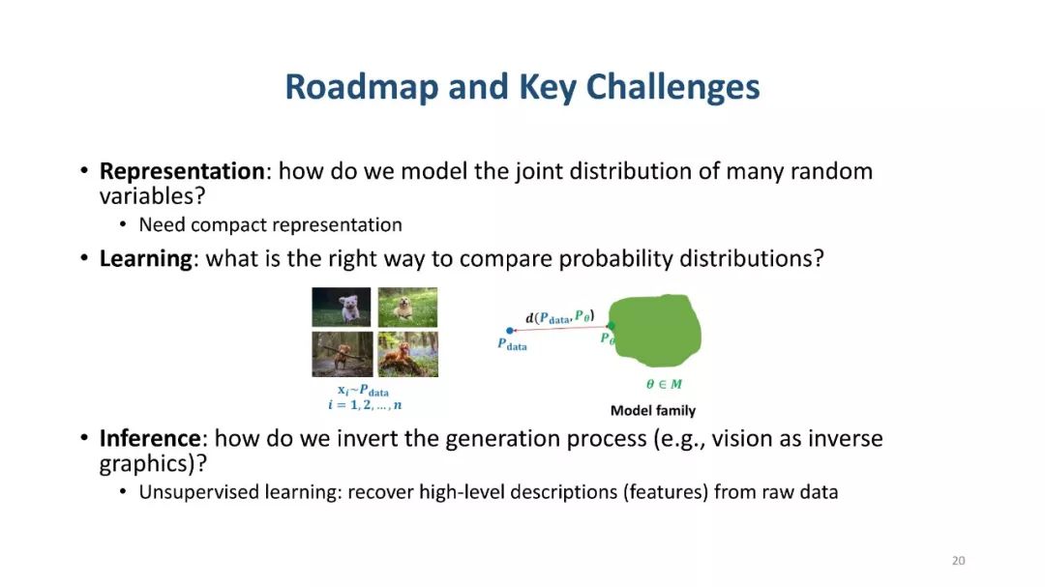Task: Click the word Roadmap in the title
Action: pos(361,87)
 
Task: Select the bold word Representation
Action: pos(182,171)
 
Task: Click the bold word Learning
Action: pos(145,258)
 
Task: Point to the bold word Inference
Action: pos(150,438)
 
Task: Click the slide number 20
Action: pos(958,560)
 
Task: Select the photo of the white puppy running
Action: pos(342,308)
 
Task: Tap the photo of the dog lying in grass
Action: pos(408,308)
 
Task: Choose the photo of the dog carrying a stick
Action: pos(342,355)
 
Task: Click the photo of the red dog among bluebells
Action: pos(408,355)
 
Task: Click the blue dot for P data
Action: pos(510,331)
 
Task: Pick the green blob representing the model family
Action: pos(655,331)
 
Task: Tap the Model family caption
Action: pos(653,410)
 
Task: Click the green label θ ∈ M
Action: pos(664,384)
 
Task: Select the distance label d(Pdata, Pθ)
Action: pos(560,316)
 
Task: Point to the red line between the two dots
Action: pos(560,329)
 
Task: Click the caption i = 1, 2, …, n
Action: pos(365,404)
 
